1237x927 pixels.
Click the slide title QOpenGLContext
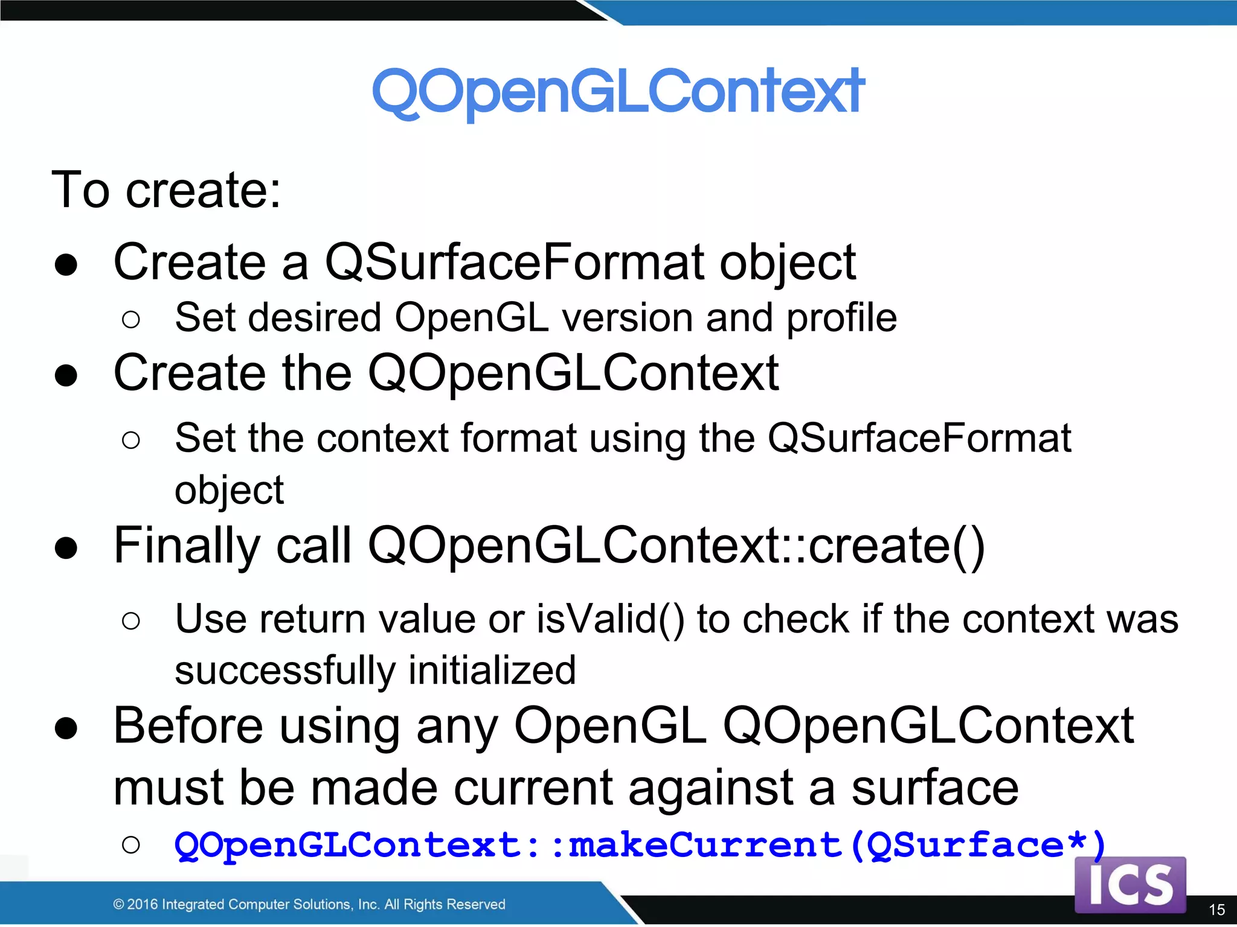(x=618, y=92)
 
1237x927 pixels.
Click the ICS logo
(x=1130, y=885)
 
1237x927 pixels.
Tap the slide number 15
(x=1216, y=909)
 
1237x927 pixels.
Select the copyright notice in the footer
(x=309, y=904)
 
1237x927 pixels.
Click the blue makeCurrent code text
(x=640, y=845)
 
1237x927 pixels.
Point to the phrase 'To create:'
(x=166, y=190)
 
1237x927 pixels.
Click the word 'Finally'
(x=187, y=546)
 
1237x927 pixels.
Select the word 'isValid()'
(x=610, y=619)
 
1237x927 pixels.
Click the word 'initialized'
(x=492, y=671)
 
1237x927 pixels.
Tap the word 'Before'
(x=188, y=726)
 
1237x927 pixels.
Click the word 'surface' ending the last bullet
(x=934, y=788)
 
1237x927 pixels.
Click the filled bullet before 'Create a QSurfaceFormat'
(x=66, y=265)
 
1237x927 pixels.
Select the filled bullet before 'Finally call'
(x=66, y=548)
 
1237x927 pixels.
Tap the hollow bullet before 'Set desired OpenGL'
(x=130, y=319)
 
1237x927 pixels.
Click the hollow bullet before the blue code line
(x=130, y=845)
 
